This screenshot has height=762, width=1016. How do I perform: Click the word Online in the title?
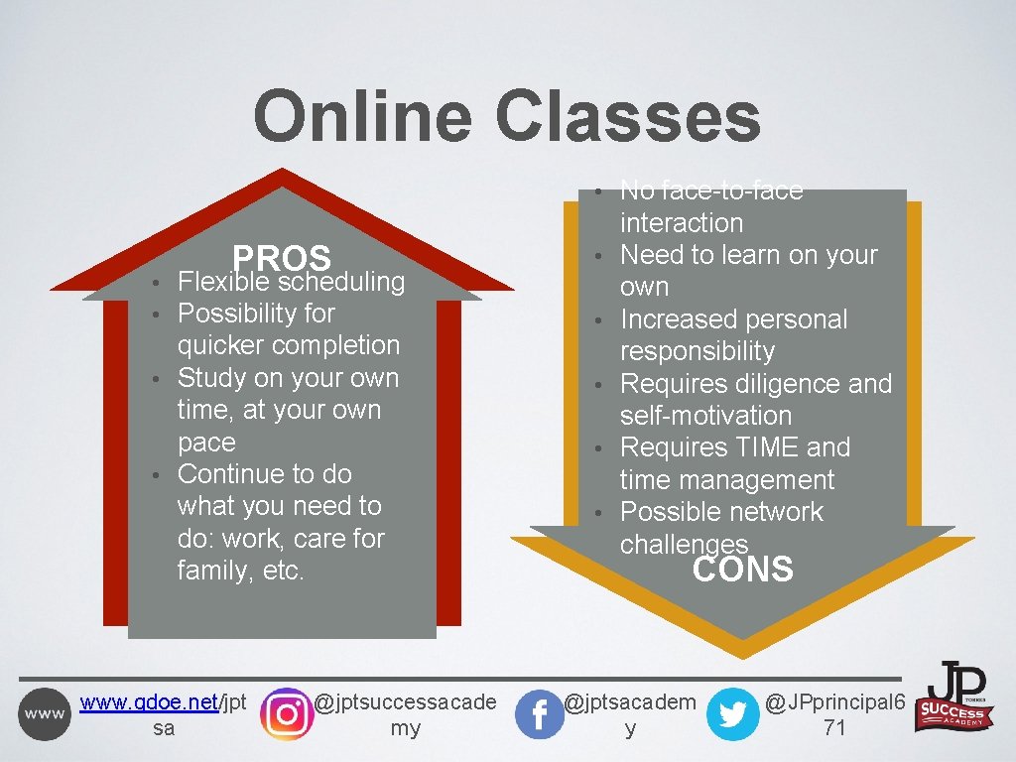(x=361, y=116)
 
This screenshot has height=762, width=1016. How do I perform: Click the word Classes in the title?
(x=627, y=116)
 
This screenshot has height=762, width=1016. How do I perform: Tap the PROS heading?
(x=281, y=258)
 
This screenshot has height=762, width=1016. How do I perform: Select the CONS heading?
(x=742, y=570)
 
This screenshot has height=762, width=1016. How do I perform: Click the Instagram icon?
(x=286, y=713)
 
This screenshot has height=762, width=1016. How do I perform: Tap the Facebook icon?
(x=540, y=714)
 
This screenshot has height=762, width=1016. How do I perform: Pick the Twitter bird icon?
(x=733, y=714)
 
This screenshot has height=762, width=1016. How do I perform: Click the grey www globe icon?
(x=45, y=714)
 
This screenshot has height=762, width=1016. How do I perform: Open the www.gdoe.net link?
(x=149, y=702)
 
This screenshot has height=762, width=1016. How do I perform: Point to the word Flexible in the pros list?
(x=223, y=282)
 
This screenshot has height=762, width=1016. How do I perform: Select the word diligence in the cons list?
(x=777, y=384)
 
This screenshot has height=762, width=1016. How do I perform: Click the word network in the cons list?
(x=772, y=512)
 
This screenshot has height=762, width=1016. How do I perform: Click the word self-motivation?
(x=705, y=416)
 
